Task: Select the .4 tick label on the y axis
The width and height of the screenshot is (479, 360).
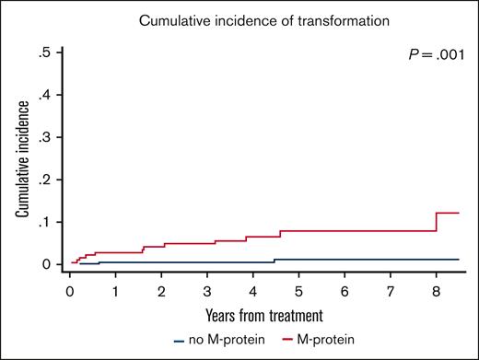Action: (43, 96)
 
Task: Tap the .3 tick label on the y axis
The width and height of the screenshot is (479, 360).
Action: (43, 138)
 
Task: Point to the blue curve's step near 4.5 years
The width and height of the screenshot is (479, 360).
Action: (275, 261)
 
